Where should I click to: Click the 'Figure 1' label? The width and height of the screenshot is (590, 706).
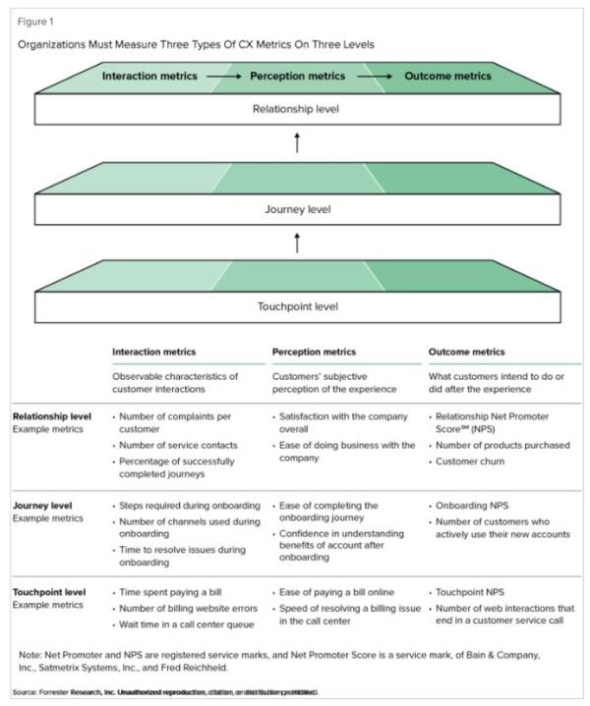pos(36,22)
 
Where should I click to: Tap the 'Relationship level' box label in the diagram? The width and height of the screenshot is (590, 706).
pos(295,108)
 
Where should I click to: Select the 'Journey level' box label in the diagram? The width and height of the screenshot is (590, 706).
pos(295,208)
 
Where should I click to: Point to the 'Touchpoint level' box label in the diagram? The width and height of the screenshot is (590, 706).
pos(295,306)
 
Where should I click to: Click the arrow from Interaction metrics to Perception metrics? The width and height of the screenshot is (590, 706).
pos(223,76)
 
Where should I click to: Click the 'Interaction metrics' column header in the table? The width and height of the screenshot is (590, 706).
pos(154,352)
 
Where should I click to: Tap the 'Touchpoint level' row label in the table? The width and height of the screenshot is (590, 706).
pos(49,592)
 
